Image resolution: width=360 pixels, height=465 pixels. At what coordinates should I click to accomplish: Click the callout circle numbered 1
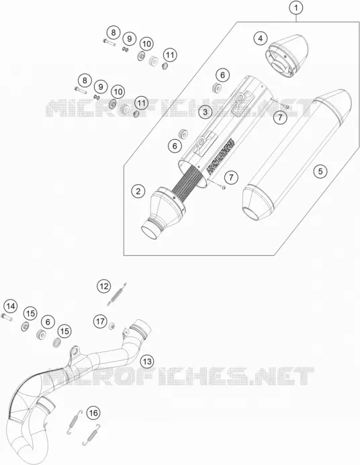pyautogui.click(x=296, y=8)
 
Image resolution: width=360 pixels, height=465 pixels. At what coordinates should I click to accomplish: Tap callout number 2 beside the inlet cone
pyautogui.click(x=138, y=191)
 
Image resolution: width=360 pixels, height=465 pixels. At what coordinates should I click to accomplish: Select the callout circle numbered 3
pyautogui.click(x=206, y=112)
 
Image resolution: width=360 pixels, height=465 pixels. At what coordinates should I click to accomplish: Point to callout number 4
pyautogui.click(x=261, y=38)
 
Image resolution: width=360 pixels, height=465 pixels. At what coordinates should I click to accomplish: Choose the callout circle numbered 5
pyautogui.click(x=320, y=171)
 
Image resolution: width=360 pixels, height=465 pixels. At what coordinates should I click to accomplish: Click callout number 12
pyautogui.click(x=103, y=286)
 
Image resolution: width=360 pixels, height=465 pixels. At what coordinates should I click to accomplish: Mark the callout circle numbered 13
pyautogui.click(x=147, y=362)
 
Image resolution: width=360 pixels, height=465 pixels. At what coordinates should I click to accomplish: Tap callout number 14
pyautogui.click(x=11, y=306)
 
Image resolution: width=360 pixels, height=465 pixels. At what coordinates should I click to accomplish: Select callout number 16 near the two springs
pyautogui.click(x=93, y=413)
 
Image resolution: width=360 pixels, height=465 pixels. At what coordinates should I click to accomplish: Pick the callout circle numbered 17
pyautogui.click(x=101, y=321)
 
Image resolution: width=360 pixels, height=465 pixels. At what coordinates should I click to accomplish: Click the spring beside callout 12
pyautogui.click(x=117, y=294)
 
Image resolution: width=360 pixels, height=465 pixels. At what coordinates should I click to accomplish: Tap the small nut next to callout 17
pyautogui.click(x=112, y=326)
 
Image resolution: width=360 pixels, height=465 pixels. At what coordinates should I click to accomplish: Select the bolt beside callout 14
pyautogui.click(x=7, y=317)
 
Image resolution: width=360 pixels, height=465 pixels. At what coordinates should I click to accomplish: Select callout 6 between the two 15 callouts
pyautogui.click(x=48, y=322)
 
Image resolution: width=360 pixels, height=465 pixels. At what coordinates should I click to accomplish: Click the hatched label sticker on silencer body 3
pyautogui.click(x=221, y=157)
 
